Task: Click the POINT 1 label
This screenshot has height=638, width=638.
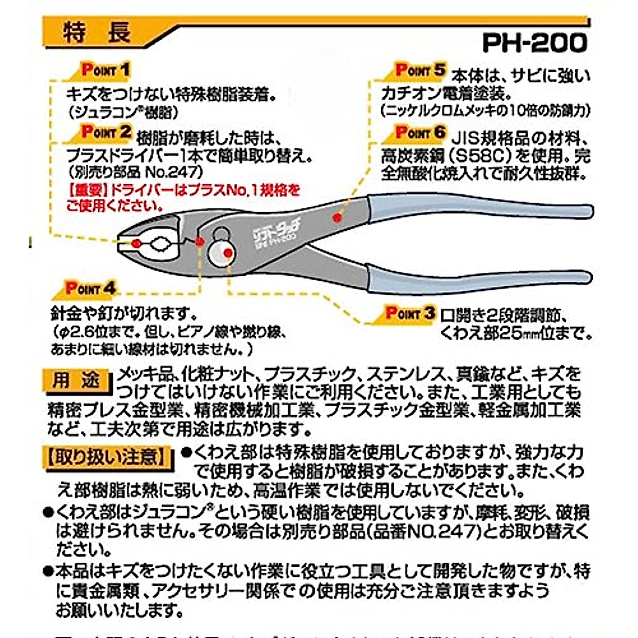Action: click(x=105, y=70)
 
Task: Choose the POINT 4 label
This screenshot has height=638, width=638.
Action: click(x=90, y=288)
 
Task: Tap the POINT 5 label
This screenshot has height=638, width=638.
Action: click(x=420, y=70)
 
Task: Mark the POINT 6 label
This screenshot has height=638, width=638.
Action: click(x=420, y=132)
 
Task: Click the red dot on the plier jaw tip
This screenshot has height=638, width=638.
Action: click(x=136, y=243)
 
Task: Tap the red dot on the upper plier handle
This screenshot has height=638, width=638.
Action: click(x=336, y=217)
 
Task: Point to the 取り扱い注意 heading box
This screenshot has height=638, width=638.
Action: click(x=107, y=456)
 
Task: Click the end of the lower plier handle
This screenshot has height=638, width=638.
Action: click(x=582, y=278)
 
